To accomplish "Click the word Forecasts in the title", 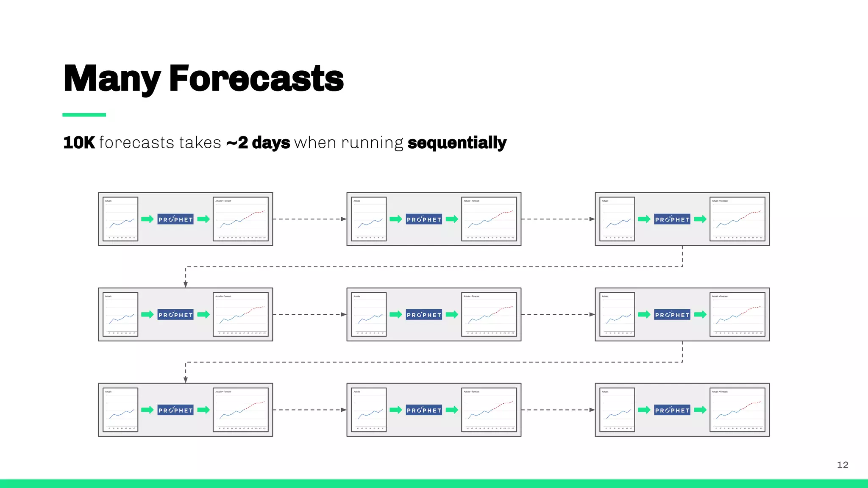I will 256,79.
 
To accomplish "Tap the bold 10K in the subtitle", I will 79,143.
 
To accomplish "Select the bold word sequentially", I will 457,143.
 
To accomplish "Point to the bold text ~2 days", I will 258,143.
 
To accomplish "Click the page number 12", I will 843,465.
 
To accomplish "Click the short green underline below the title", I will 84,115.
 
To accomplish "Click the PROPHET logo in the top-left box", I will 175,219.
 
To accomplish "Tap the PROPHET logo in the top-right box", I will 672,219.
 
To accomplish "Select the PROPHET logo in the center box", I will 424,314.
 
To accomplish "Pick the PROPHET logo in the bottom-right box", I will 672,410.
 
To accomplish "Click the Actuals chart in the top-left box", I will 120,219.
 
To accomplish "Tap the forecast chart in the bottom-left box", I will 241,410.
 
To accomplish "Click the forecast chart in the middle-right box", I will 737,314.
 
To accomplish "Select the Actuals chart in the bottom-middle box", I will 369,410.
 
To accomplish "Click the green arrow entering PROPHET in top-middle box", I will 396,219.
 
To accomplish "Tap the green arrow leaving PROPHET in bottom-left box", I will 203,410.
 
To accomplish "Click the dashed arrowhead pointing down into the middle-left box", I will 186,285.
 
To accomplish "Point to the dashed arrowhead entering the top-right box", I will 592,219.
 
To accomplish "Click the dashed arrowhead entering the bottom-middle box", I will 344,410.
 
